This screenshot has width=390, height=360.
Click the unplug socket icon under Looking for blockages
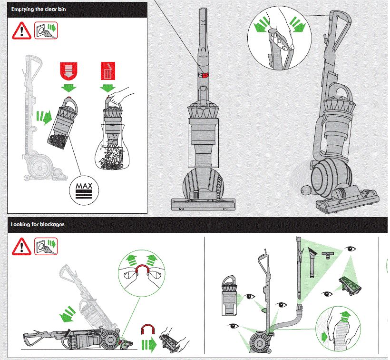[46, 246]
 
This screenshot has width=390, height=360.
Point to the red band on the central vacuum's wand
[203, 75]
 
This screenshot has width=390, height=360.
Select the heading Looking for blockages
[38, 224]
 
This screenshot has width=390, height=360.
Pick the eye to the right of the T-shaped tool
[351, 249]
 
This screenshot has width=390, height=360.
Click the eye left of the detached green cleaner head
[326, 292]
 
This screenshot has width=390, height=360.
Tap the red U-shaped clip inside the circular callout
[143, 271]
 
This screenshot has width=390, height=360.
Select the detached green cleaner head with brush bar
[350, 285]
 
